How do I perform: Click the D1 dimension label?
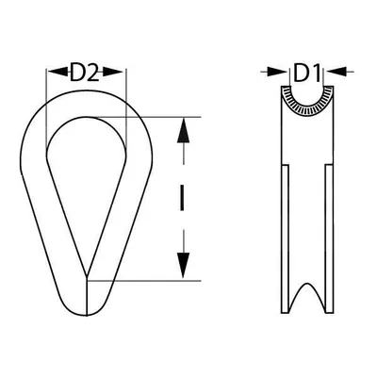(x=305, y=72)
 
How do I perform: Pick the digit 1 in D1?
(x=313, y=72)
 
